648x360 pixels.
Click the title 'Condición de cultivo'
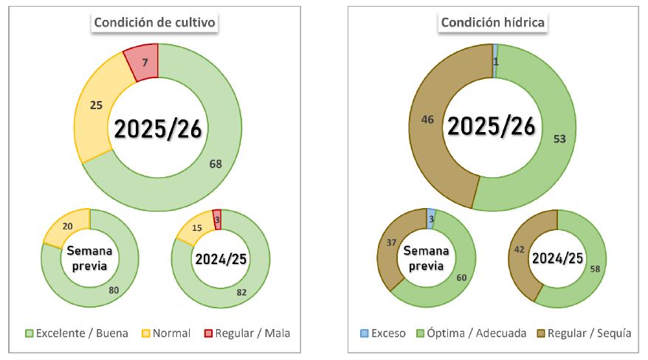tap(154, 22)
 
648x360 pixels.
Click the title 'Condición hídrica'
tap(492, 22)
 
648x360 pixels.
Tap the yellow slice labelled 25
tap(97, 106)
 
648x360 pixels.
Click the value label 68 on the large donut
tap(216, 164)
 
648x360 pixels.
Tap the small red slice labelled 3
tap(217, 219)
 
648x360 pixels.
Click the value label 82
tap(242, 291)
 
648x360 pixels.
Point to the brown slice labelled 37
tap(392, 244)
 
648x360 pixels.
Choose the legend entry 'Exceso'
tap(382, 333)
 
